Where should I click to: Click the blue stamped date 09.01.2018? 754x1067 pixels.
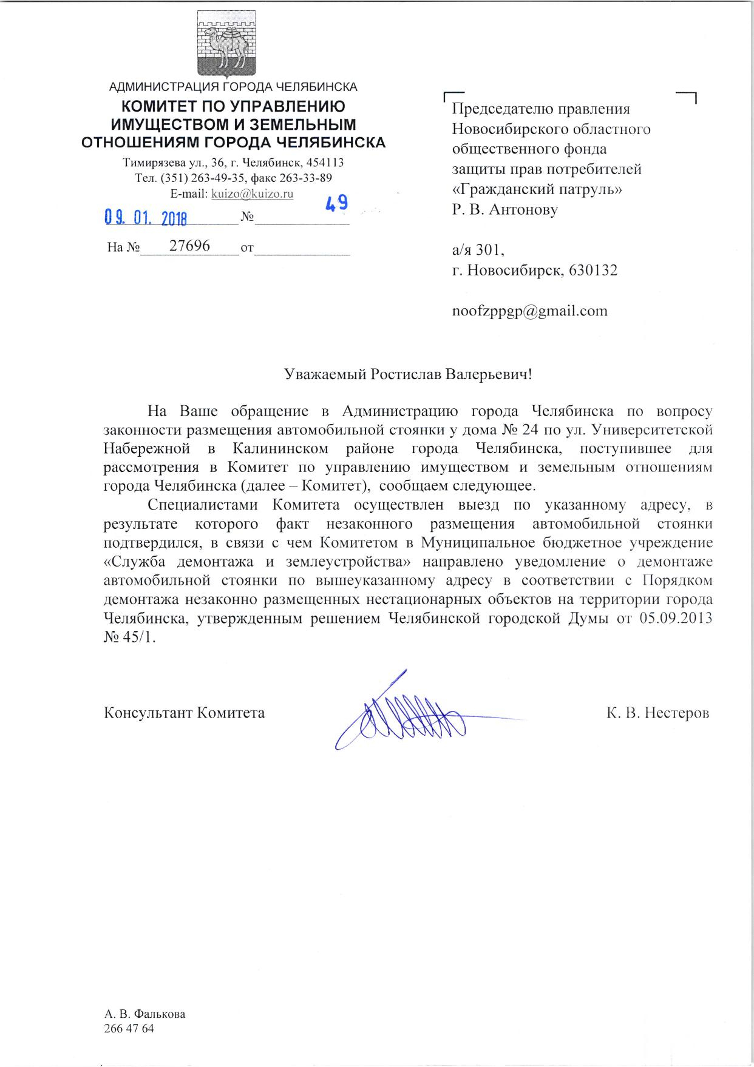click(x=146, y=217)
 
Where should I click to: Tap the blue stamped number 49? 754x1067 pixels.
click(x=336, y=203)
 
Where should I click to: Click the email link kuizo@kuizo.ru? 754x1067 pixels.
click(x=251, y=194)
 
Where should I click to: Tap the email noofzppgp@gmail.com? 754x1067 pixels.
click(x=529, y=311)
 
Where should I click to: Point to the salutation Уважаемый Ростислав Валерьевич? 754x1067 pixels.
click(x=408, y=374)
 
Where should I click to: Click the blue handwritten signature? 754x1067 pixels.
click(x=407, y=716)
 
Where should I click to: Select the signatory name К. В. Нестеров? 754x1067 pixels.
click(x=657, y=712)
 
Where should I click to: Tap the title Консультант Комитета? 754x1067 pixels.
click(x=185, y=712)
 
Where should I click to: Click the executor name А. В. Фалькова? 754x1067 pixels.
click(x=144, y=1014)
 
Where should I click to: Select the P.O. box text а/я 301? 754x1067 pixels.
click(x=478, y=249)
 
